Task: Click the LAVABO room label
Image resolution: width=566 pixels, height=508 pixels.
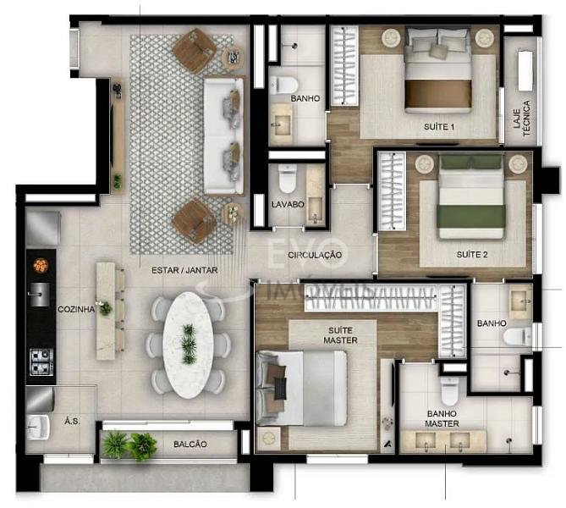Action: (x=288, y=205)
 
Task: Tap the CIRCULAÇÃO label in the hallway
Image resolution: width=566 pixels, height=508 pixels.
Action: (x=315, y=255)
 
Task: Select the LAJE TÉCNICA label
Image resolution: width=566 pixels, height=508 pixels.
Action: (x=522, y=119)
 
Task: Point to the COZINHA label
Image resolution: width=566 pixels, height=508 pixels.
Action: (x=76, y=309)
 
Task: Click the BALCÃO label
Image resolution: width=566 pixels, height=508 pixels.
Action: (x=190, y=444)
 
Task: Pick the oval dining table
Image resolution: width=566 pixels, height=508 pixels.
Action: (x=189, y=345)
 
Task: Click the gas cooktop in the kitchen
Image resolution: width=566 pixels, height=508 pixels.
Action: (x=41, y=362)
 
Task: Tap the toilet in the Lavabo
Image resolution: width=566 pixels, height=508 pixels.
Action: (x=288, y=179)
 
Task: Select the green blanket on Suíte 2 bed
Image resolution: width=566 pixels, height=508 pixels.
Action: (x=471, y=217)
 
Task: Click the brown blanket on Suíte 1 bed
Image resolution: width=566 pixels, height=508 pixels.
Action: (x=438, y=94)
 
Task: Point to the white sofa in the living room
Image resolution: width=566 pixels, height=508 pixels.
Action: (x=224, y=135)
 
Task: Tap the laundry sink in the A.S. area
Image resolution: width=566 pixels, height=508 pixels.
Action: (x=37, y=427)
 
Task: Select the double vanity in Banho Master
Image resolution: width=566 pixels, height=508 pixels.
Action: (x=443, y=441)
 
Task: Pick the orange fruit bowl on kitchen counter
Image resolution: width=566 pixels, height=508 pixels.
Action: (x=41, y=265)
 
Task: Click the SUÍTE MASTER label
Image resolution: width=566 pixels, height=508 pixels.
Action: (x=340, y=335)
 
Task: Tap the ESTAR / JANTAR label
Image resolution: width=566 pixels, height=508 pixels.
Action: (x=184, y=270)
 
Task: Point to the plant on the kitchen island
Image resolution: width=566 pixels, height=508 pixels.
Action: (x=106, y=308)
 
